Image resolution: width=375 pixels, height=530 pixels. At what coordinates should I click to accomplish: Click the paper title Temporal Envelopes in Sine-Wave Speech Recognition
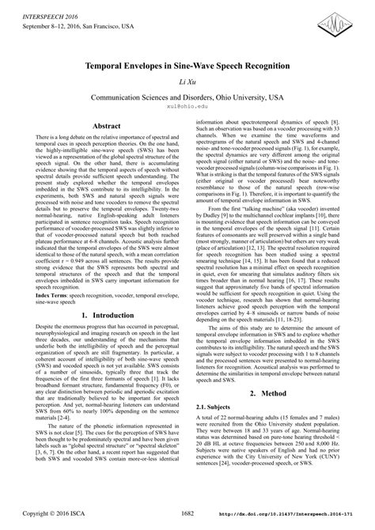(x=187, y=66)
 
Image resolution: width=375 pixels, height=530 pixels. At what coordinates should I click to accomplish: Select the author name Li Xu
(x=187, y=82)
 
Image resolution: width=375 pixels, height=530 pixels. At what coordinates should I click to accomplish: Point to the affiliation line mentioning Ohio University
(x=187, y=97)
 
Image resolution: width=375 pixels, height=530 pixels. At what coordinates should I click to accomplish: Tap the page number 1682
(x=187, y=513)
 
